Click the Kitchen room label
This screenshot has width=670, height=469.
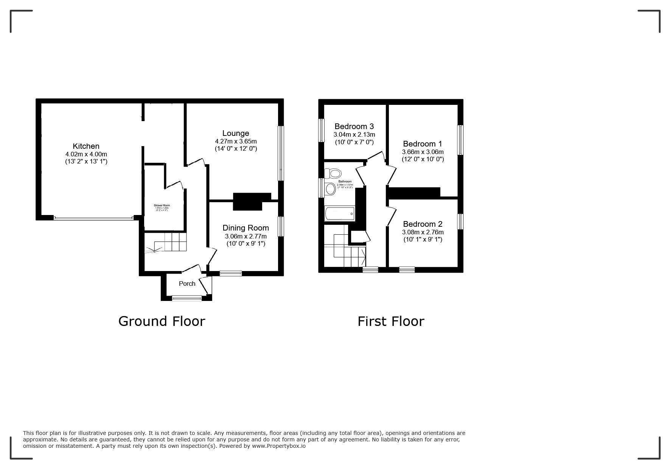pos(86,146)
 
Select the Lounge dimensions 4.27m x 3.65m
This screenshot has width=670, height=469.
pos(235,141)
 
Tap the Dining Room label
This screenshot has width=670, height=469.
pos(246,228)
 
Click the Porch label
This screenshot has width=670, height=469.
pos(187,284)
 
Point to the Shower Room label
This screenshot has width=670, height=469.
pos(162,205)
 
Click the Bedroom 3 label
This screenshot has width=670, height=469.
pos(354,126)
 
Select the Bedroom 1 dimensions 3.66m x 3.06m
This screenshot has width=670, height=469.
pos(423,152)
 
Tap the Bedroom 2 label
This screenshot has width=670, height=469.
pos(423,224)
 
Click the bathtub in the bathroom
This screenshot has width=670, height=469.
pos(340,214)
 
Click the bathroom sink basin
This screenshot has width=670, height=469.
pos(330,189)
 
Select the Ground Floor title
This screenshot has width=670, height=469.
pos(162,321)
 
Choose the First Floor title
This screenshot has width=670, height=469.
pos(391,321)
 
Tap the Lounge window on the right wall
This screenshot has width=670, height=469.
pos(281,153)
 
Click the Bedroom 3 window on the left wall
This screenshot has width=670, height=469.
pos(322,131)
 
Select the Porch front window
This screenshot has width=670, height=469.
pos(187,298)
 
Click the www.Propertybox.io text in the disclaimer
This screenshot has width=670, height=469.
pos(279,446)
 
